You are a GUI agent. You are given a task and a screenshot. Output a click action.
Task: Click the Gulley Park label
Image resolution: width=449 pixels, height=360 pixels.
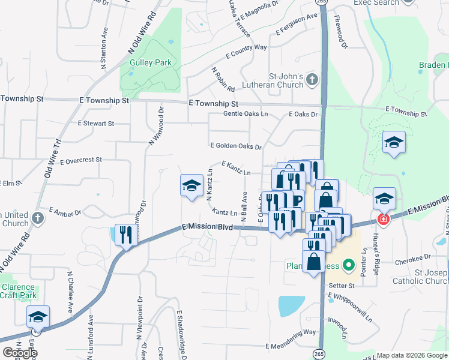(151, 62)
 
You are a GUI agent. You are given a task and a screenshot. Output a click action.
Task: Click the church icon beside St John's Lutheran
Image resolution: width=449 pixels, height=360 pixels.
(312, 79)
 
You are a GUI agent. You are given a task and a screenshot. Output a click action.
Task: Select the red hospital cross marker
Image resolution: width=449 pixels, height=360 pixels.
(383, 220)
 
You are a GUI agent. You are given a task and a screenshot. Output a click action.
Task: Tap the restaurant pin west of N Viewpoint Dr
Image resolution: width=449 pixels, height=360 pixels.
(126, 234)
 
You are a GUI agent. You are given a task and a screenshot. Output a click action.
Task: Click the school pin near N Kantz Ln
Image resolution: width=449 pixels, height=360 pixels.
(191, 186)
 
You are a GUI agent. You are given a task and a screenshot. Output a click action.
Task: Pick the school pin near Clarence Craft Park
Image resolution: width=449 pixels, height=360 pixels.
(38, 317)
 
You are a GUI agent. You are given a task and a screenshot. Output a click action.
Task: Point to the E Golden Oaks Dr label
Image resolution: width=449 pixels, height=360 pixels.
(236, 146)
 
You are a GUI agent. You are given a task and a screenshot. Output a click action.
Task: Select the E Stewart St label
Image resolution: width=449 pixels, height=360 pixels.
(95, 123)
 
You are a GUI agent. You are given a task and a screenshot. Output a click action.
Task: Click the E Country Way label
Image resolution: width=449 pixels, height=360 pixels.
(246, 51)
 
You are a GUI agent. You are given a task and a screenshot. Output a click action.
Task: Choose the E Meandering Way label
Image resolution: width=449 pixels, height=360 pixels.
(291, 347)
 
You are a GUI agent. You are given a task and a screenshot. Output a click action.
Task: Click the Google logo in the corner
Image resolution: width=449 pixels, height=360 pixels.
(20, 353)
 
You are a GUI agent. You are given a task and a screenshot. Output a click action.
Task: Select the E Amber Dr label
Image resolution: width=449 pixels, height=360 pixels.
(65, 212)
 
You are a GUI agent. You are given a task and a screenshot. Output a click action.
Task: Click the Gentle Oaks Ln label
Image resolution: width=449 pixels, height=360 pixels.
(246, 113)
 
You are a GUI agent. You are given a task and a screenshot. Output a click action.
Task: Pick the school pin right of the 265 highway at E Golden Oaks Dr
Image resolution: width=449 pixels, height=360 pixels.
(394, 143)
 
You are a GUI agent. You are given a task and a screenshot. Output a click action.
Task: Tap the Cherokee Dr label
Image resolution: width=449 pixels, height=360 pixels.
(411, 262)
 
